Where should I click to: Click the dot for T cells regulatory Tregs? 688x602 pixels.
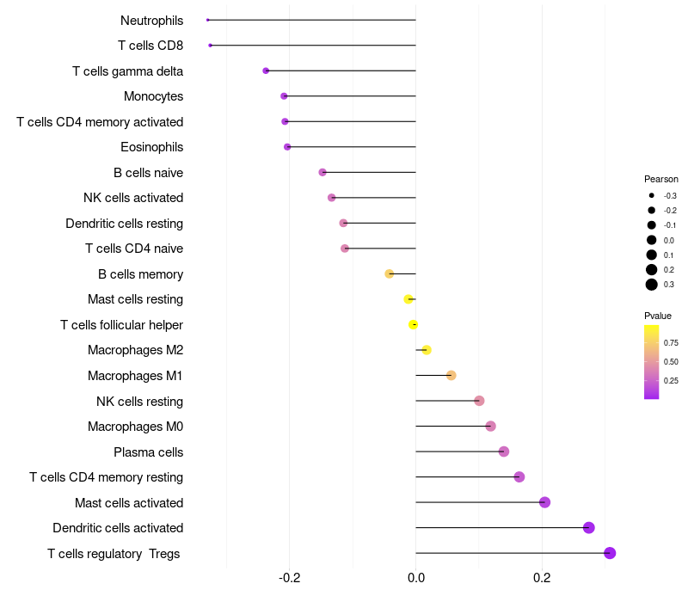610,553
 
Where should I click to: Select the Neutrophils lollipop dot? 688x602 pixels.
208,20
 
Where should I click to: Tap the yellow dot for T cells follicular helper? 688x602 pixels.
414,324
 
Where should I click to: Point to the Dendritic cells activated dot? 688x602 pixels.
589,528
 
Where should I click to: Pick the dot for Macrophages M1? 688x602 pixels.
451,375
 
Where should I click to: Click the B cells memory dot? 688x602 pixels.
389,273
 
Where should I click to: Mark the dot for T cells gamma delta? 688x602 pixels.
266,71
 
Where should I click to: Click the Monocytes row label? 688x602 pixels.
153,96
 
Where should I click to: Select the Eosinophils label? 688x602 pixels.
151,147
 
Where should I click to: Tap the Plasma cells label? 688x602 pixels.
148,452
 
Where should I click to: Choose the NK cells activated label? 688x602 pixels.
133,198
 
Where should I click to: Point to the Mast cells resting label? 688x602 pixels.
135,299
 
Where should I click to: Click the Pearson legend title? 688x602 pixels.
661,180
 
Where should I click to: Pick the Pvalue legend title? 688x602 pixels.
658,316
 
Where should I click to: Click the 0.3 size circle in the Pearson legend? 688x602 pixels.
652,285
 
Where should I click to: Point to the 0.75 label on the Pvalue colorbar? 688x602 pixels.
671,342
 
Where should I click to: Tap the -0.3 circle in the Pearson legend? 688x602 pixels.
652,196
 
